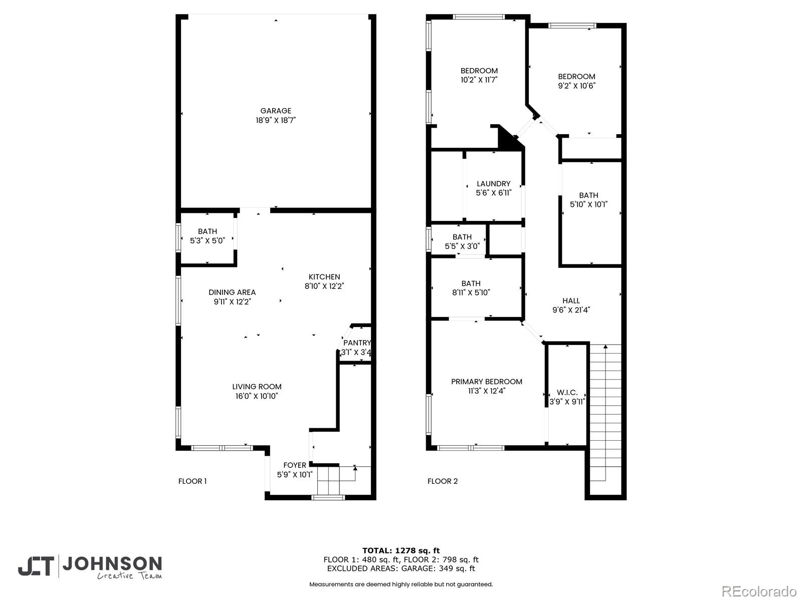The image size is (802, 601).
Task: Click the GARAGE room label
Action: tap(276, 111)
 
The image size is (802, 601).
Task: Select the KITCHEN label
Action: tap(324, 277)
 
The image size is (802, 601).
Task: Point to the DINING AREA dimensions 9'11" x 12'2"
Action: tap(232, 302)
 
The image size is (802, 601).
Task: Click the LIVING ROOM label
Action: tap(257, 387)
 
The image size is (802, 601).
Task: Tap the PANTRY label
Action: tap(357, 343)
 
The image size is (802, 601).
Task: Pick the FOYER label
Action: tap(295, 465)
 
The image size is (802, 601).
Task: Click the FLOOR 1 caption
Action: tap(192, 481)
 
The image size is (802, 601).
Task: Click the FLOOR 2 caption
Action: tap(443, 481)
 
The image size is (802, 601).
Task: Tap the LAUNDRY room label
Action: tap(493, 184)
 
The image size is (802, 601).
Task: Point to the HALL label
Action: tap(571, 300)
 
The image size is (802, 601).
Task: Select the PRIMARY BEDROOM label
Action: tap(486, 382)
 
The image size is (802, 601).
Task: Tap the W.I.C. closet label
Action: tap(567, 393)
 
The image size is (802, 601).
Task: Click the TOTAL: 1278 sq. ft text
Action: tap(401, 550)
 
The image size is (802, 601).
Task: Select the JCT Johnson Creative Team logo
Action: tap(90, 566)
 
